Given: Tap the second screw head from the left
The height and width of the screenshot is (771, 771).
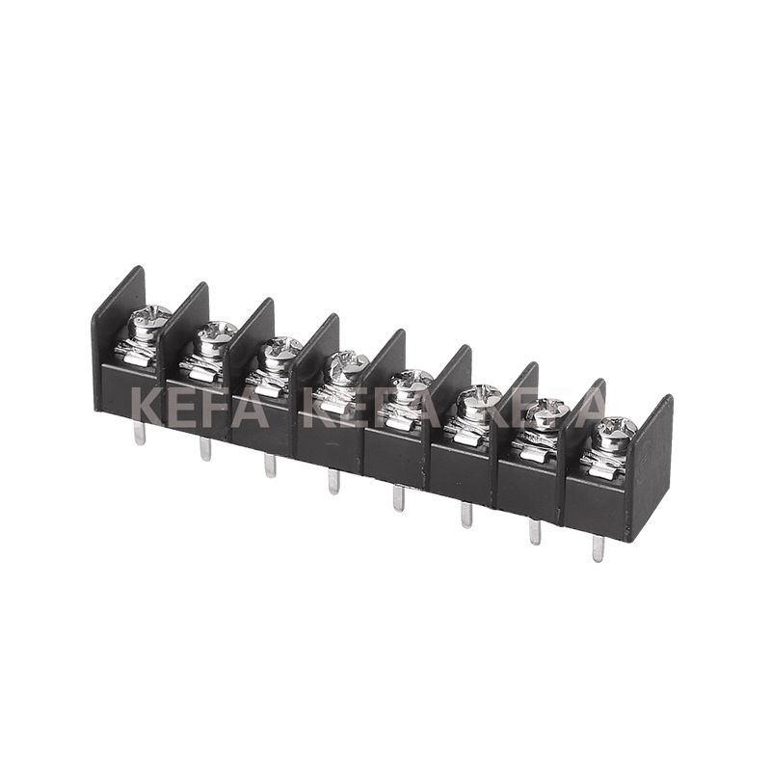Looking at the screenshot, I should [216, 334].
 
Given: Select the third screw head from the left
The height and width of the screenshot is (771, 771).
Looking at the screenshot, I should [281, 351].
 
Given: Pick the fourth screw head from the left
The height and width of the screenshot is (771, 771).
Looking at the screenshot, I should [345, 367].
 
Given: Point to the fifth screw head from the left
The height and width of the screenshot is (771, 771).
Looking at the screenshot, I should [412, 383].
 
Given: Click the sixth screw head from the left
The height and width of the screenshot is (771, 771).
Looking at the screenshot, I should [477, 398].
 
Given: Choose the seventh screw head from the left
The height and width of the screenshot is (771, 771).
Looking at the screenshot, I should [545, 414].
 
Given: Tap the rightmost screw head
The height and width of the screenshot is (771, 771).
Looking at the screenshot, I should [613, 432].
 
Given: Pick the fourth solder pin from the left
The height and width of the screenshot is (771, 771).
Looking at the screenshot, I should [333, 481].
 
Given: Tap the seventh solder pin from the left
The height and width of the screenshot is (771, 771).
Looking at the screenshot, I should [534, 531].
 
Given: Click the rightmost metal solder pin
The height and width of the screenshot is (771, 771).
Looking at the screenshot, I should [598, 547].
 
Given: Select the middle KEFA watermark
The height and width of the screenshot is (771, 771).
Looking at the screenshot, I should [372, 409].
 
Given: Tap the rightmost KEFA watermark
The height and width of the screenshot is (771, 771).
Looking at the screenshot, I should [545, 409].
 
